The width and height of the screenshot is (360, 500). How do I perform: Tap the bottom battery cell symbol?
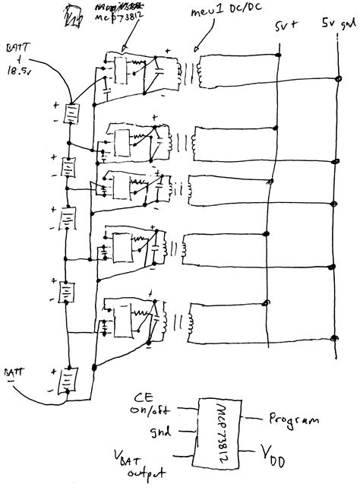click(x=69, y=378)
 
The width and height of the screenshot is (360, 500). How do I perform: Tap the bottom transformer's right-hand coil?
click(x=194, y=320)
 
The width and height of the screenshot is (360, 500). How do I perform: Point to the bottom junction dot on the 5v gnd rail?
click(x=336, y=337)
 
